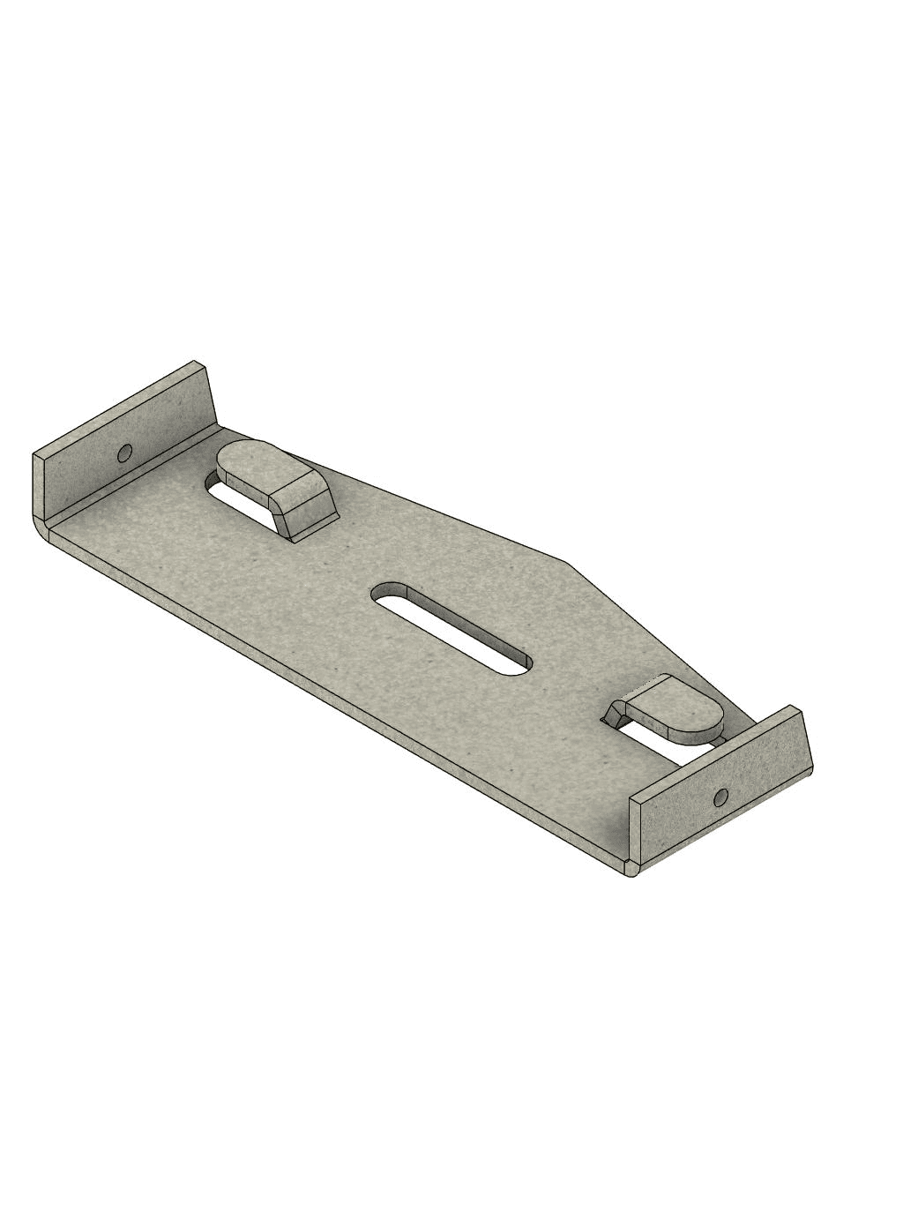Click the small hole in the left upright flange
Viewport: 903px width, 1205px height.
pos(125,453)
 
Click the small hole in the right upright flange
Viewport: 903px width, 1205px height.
pos(720,797)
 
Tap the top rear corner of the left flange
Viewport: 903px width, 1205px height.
pos(196,363)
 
